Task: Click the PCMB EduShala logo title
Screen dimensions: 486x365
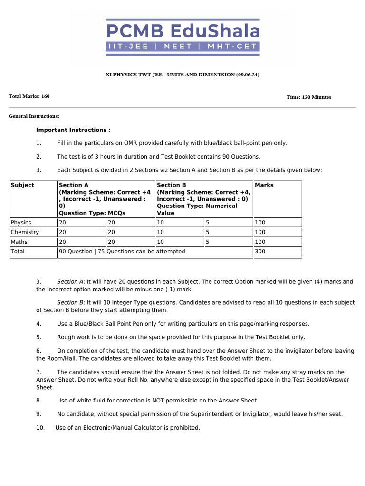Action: (x=183, y=31)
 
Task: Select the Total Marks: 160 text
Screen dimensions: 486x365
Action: (x=29, y=96)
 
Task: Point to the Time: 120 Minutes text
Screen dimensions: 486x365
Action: (x=308, y=97)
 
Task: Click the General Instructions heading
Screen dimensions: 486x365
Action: (x=34, y=116)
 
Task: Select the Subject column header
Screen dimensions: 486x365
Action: (x=22, y=185)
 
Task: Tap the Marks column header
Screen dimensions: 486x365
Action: (x=264, y=185)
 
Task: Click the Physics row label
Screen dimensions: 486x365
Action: (x=21, y=223)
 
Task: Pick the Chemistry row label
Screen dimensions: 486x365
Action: (x=25, y=232)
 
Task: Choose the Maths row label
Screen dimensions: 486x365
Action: (x=19, y=242)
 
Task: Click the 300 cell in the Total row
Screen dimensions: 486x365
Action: (x=260, y=252)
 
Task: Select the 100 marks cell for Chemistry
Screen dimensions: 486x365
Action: (x=260, y=232)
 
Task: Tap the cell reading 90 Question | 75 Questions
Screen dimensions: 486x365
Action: (x=122, y=252)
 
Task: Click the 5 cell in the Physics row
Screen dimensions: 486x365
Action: (x=208, y=223)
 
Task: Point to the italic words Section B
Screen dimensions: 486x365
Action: (x=70, y=302)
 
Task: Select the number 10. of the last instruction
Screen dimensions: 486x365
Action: (x=40, y=428)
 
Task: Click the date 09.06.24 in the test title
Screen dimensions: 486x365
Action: (x=247, y=75)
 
